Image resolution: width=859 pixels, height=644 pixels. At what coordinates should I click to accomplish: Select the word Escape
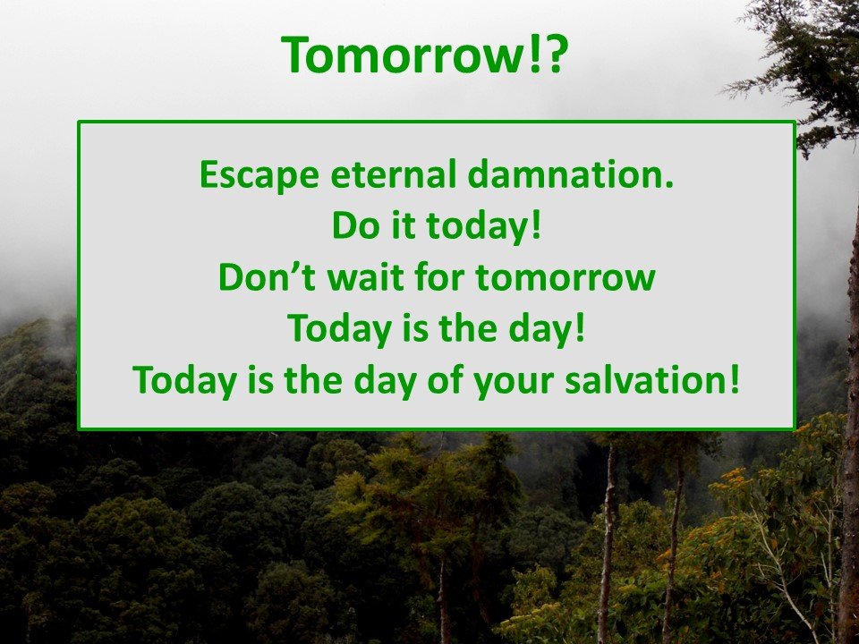pyautogui.click(x=259, y=175)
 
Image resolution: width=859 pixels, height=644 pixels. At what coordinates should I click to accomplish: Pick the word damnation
pyautogui.click(x=563, y=174)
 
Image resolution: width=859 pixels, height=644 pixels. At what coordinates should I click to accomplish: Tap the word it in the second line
pyautogui.click(x=404, y=225)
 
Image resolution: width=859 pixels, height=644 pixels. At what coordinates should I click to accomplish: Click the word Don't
pyautogui.click(x=267, y=277)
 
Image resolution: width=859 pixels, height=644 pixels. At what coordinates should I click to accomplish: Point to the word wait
pyautogui.click(x=365, y=277)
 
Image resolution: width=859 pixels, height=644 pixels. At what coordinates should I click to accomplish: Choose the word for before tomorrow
pyautogui.click(x=439, y=277)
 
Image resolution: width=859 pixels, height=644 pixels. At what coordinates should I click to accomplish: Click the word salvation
pyautogui.click(x=644, y=379)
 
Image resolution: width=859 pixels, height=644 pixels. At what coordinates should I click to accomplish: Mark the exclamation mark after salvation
pyautogui.click(x=734, y=379)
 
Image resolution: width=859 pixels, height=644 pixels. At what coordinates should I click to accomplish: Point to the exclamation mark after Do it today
pyautogui.click(x=536, y=225)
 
